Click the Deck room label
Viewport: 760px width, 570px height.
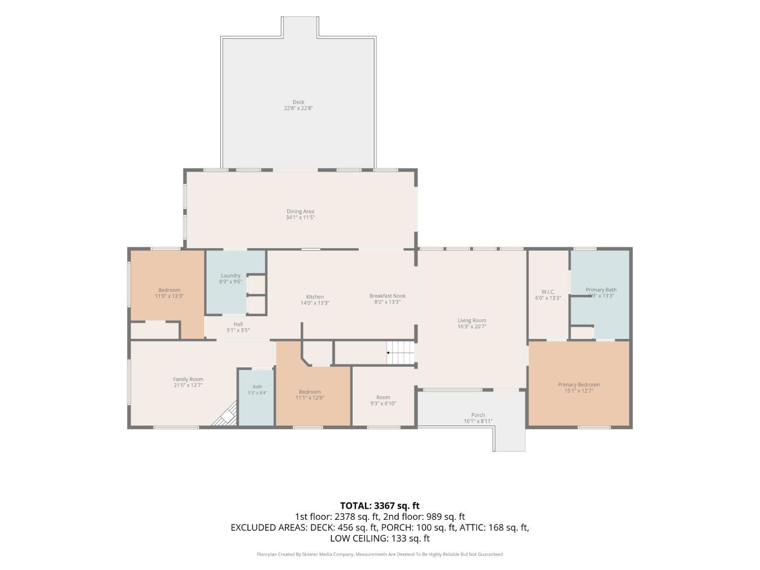coord(298,102)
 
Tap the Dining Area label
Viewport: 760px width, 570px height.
coord(300,211)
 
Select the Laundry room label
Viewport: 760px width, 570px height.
coord(231,276)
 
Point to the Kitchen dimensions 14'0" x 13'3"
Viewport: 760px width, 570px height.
coord(315,303)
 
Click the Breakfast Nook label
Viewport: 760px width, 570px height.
coord(387,296)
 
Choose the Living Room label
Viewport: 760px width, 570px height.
coord(472,321)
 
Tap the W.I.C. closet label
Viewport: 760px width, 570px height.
coord(548,292)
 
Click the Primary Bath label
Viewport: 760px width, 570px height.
coord(601,290)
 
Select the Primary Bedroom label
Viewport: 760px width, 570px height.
coord(579,385)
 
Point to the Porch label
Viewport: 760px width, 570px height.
coord(478,415)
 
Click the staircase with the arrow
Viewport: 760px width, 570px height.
coord(400,353)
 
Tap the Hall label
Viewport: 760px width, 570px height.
coord(238,324)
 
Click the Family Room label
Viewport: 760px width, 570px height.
coord(188,379)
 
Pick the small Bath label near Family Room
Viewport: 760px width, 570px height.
coord(257,387)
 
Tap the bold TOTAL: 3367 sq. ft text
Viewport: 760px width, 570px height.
coord(380,506)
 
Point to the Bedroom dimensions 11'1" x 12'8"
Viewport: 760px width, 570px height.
coord(310,398)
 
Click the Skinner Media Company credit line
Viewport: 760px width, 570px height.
coord(380,554)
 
